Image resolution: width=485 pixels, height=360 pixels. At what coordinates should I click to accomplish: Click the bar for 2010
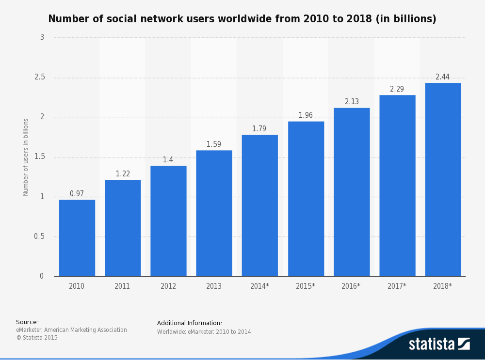click(x=77, y=238)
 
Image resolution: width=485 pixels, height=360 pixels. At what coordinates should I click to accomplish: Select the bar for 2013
click(x=214, y=213)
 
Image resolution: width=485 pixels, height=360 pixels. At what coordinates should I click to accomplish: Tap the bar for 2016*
click(x=352, y=192)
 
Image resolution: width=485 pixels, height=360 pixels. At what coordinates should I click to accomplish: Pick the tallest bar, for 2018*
click(x=443, y=179)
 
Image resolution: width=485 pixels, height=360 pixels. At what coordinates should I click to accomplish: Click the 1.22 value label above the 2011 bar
click(x=123, y=174)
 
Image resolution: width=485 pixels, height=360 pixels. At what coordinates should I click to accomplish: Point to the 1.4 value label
click(x=168, y=160)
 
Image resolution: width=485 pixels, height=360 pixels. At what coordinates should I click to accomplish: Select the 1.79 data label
click(x=259, y=129)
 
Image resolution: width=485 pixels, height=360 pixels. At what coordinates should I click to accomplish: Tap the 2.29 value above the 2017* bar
click(x=397, y=89)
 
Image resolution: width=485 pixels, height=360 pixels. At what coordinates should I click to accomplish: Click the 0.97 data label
click(x=77, y=194)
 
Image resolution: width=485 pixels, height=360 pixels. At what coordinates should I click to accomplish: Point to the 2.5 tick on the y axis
click(x=40, y=78)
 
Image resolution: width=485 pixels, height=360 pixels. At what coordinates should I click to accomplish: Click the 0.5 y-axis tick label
click(x=39, y=236)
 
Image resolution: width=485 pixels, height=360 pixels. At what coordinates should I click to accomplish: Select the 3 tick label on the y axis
click(x=42, y=37)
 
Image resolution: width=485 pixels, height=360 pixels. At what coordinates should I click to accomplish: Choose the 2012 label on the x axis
click(x=168, y=286)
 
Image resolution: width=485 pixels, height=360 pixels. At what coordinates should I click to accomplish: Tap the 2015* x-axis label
click(x=306, y=286)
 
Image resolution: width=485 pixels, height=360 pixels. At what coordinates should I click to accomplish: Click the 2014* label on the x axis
click(x=259, y=286)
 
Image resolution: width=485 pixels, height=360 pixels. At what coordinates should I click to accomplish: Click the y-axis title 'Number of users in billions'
click(x=26, y=157)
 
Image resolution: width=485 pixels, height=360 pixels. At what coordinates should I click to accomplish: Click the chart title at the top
click(x=242, y=19)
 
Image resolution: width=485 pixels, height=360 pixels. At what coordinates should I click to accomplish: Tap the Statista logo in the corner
click(x=439, y=344)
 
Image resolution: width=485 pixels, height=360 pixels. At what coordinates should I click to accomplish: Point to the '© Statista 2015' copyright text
click(x=37, y=338)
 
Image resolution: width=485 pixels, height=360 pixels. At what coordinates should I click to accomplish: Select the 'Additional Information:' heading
click(x=190, y=323)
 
